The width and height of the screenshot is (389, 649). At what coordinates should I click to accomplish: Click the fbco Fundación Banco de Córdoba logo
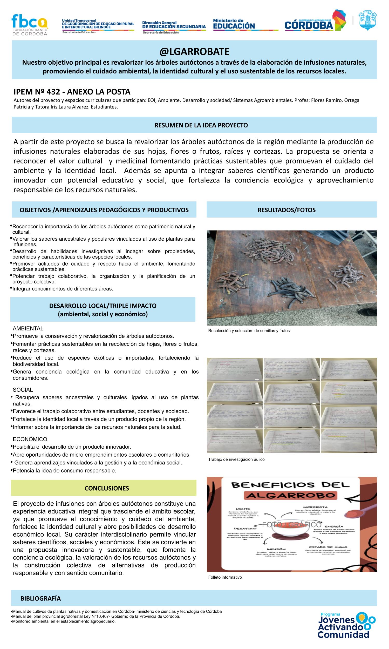click(29, 25)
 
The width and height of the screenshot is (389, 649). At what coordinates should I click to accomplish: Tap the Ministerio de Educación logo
click(234, 24)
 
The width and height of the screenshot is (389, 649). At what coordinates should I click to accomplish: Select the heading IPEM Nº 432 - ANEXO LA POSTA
click(72, 92)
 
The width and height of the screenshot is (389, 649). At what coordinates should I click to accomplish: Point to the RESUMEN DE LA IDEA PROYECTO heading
click(201, 125)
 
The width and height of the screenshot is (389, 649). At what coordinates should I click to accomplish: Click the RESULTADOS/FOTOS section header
click(286, 210)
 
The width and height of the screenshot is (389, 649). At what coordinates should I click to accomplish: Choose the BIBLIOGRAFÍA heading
click(41, 598)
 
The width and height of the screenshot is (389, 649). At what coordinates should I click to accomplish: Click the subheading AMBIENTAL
click(28, 329)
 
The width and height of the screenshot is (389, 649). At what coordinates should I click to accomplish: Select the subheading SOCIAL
click(23, 390)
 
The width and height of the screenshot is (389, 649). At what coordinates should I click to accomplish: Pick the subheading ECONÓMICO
click(30, 439)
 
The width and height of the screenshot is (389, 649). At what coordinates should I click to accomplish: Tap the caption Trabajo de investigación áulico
click(236, 459)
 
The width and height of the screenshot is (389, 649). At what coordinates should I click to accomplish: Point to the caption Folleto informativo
click(225, 577)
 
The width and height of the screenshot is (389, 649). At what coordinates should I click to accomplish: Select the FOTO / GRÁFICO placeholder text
click(291, 524)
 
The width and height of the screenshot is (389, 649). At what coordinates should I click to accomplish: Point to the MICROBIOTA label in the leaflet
click(315, 507)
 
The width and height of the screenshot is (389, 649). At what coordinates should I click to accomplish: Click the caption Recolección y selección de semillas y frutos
click(249, 331)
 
